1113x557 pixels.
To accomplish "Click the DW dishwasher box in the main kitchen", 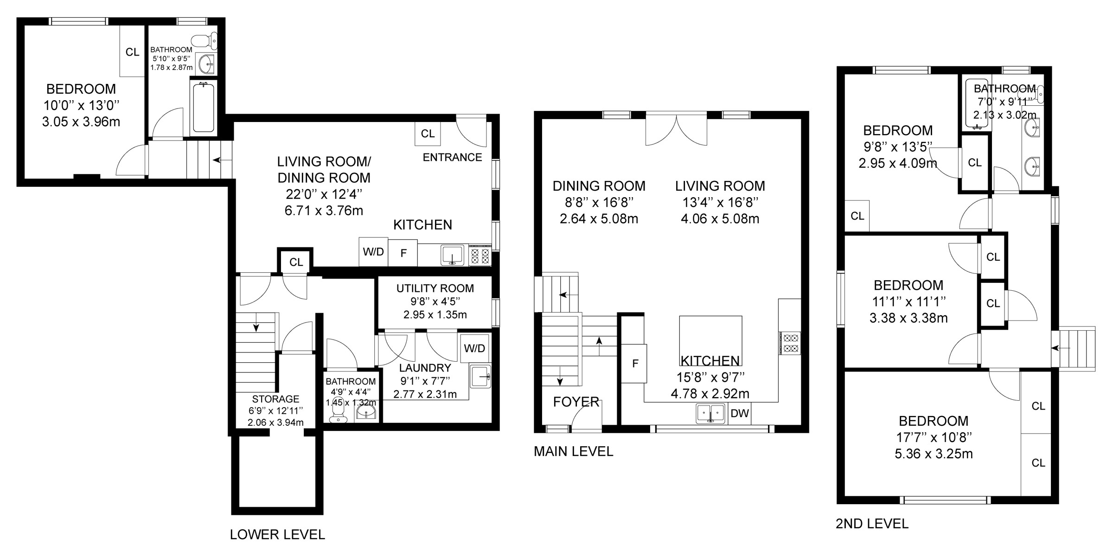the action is (x=740, y=413).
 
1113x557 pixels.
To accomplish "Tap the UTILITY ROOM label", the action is (x=435, y=288).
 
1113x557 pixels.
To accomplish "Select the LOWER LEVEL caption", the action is (x=277, y=535).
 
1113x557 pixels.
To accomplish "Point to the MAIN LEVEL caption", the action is (x=573, y=451).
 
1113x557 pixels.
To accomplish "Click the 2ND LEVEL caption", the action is (x=872, y=524).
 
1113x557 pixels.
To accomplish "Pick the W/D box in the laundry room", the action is (x=475, y=348).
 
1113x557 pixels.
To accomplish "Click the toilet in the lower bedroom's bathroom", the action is (x=205, y=40).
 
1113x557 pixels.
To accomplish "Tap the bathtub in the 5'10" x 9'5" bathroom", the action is (x=203, y=108).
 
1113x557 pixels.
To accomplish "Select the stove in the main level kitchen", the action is (x=790, y=343).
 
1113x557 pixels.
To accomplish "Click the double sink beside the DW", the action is (x=711, y=413).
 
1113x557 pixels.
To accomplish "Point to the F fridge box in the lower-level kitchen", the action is (x=403, y=253).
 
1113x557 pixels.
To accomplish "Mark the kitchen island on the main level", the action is (x=710, y=341).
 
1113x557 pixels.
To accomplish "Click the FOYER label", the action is (x=576, y=402).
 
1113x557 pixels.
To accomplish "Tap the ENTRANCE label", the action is (x=452, y=157).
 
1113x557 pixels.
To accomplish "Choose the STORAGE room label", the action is (x=275, y=399).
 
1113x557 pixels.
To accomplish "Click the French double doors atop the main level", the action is (x=677, y=128).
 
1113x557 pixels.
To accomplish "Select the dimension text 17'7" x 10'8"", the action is (x=934, y=437).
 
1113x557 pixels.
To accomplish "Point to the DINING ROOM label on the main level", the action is (x=599, y=186).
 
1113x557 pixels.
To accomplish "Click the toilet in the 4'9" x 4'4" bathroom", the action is (x=338, y=413).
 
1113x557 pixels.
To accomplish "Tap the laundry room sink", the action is (x=480, y=376).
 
